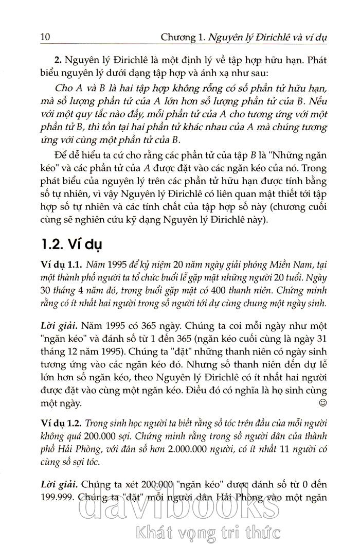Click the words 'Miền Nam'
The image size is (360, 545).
point(283,265)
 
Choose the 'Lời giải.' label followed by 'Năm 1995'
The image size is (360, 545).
point(59,327)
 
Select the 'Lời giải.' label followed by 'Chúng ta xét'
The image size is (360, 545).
point(59,485)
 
